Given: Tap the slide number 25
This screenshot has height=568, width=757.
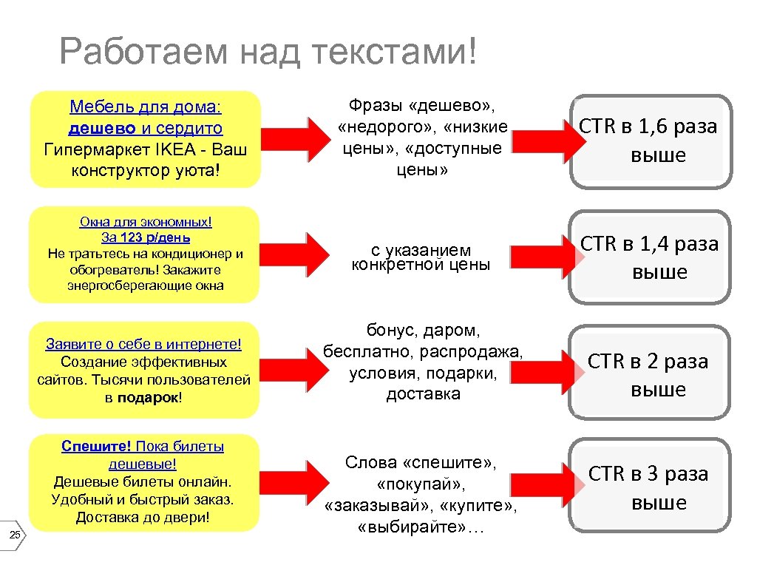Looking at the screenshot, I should click(14, 535).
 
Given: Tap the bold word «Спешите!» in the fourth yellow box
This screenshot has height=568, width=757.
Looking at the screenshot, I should click(97, 446).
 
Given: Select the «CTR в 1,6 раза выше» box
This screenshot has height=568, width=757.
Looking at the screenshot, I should click(649, 141).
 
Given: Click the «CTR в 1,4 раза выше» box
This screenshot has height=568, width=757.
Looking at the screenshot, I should click(649, 257).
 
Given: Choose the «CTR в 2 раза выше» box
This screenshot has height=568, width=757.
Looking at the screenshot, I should click(649, 375).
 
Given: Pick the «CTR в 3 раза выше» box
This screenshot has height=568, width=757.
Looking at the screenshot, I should click(649, 487).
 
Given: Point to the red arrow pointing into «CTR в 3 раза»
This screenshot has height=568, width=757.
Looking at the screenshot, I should click(551, 477).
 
